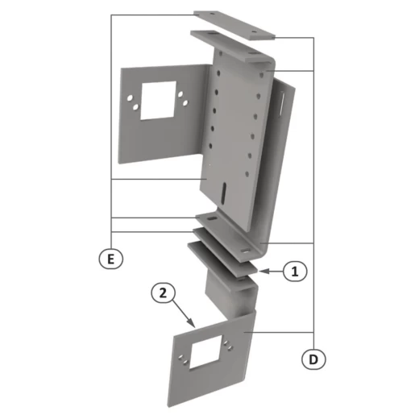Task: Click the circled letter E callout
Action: click(111, 259)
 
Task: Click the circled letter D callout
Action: click(313, 359)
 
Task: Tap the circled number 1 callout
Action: click(295, 272)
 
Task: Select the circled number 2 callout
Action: click(163, 292)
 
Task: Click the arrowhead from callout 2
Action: click(192, 322)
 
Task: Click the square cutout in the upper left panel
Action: click(158, 100)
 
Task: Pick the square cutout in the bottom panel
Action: click(206, 351)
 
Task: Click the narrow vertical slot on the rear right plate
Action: click(281, 105)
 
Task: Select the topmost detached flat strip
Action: click(234, 25)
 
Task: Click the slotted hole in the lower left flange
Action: click(212, 219)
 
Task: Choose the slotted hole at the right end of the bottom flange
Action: click(245, 251)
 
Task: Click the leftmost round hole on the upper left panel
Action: click(130, 98)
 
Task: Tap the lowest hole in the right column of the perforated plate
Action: click(247, 174)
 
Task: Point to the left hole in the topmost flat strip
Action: click(213, 13)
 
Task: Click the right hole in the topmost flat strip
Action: click(254, 32)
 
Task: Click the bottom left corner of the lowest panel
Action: click(169, 405)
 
